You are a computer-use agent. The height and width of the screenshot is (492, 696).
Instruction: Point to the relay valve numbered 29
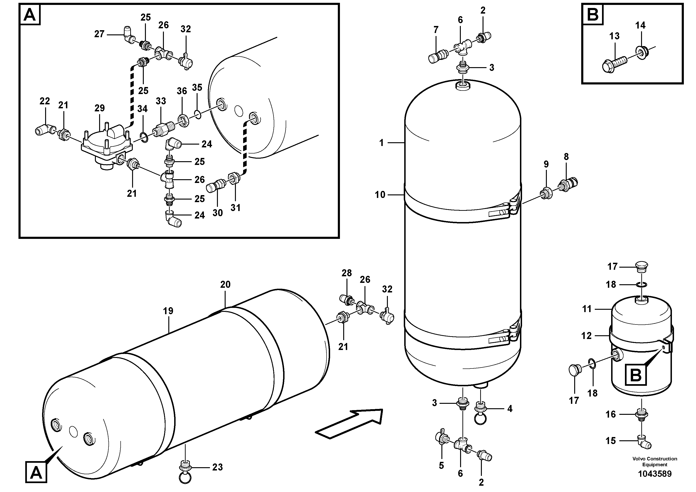(x=106, y=144)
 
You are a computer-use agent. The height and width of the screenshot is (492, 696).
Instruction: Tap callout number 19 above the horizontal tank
(x=168, y=311)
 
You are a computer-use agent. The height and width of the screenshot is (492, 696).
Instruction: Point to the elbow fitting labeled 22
(x=43, y=130)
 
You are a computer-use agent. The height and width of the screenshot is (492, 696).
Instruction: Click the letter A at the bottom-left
(x=36, y=473)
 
